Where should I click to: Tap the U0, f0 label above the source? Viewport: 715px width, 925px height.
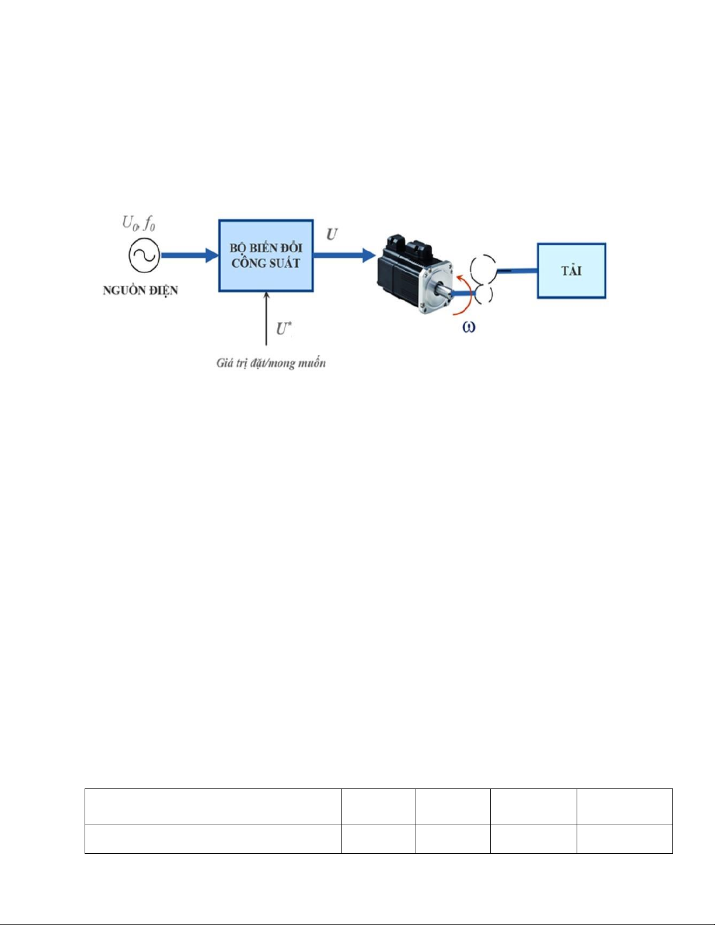pos(139,223)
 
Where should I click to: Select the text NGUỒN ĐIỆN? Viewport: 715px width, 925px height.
pos(140,291)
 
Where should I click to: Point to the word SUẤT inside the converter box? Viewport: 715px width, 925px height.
pos(284,263)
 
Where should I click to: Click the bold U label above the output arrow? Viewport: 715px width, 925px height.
pos(332,235)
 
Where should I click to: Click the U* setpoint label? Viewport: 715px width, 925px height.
pos(283,329)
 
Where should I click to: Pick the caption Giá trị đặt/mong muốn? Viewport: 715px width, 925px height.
pos(271,363)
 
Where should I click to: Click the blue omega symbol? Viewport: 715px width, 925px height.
pos(469,327)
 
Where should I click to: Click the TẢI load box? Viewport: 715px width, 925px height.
pos(571,271)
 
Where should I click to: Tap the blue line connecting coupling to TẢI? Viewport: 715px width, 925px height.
pos(517,270)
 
